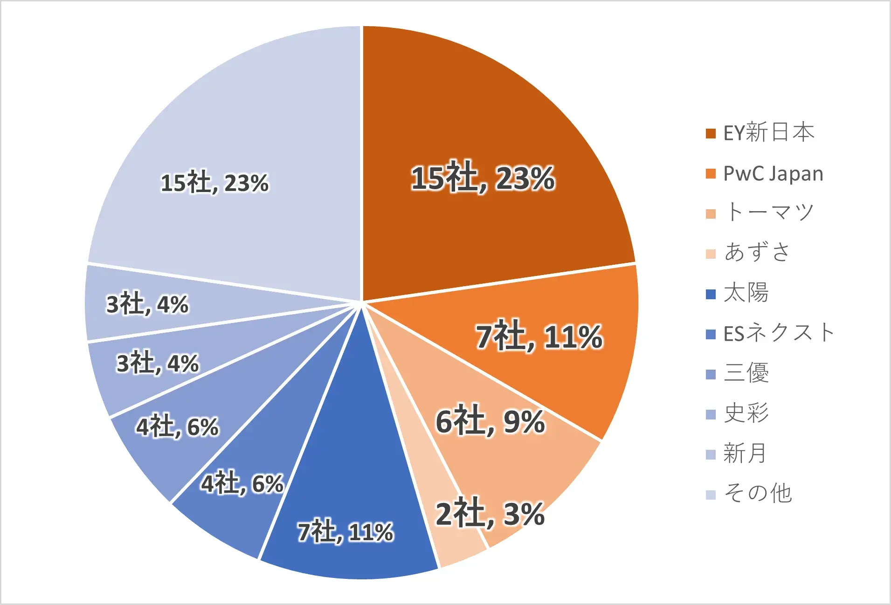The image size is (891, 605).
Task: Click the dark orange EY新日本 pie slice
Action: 485,140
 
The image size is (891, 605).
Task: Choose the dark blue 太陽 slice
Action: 350,489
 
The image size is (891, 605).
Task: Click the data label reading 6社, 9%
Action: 490,421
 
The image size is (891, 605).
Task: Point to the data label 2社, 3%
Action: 490,513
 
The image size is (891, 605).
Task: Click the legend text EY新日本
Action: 769,133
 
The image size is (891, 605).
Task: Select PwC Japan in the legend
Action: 773,173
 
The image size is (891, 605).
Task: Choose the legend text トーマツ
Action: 769,213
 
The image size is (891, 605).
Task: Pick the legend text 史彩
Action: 746,413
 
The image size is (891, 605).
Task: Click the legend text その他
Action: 758,494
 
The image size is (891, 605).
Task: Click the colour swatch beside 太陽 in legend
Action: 711,294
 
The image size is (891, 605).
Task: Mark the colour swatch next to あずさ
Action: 711,254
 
